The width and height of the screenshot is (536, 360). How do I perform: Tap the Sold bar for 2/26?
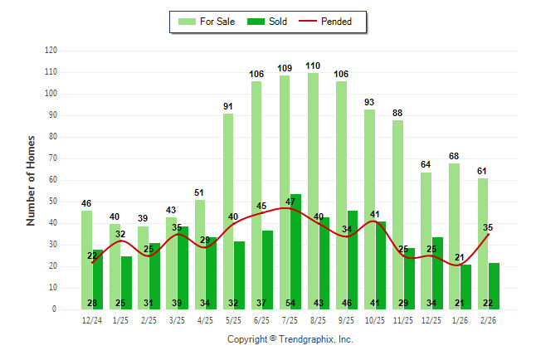(x=494, y=285)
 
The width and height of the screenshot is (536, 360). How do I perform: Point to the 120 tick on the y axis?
(x=51, y=51)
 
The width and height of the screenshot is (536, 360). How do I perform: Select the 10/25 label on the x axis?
(x=375, y=319)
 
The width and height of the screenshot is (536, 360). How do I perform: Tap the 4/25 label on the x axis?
(x=205, y=319)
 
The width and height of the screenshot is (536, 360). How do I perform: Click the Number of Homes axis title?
(x=31, y=180)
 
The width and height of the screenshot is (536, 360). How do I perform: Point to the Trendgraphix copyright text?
(x=290, y=339)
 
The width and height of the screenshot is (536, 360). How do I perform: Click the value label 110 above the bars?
(x=313, y=66)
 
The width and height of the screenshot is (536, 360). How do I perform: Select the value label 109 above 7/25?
(x=285, y=68)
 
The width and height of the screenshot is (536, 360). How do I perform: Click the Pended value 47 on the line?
(x=291, y=202)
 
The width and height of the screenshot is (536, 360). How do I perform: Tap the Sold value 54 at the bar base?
(x=291, y=303)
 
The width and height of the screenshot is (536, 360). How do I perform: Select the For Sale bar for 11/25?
(x=398, y=215)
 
